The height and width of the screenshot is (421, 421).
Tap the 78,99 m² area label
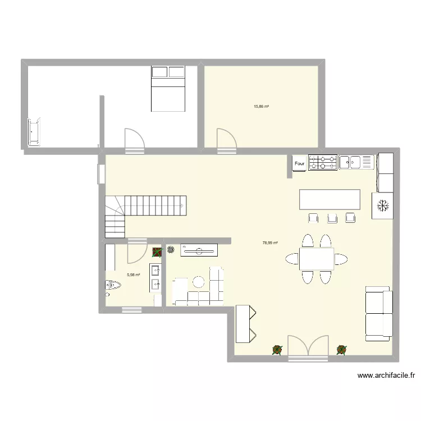point(270,243)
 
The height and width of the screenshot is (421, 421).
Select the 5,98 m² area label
point(133,274)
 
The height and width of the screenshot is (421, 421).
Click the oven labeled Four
point(299,163)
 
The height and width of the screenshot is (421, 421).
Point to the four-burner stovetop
point(322,162)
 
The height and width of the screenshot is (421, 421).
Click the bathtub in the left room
point(35,131)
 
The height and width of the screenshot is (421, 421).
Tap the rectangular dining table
point(317,259)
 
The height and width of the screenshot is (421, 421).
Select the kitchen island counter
point(330,199)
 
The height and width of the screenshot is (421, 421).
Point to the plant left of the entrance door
point(277,350)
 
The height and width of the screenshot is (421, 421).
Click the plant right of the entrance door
point(341,350)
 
